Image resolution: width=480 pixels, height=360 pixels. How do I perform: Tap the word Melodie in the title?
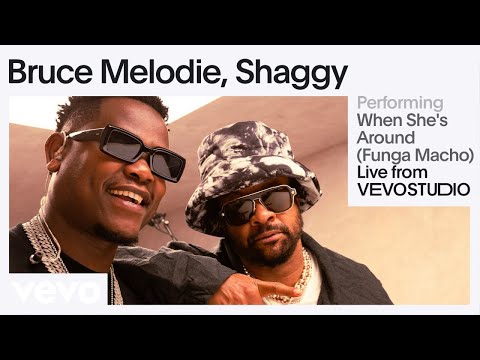pyautogui.click(x=163, y=72)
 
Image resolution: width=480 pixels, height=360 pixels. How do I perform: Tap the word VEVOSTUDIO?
pyautogui.click(x=412, y=191)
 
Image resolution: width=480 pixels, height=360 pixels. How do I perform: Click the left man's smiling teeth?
pyautogui.click(x=128, y=196)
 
